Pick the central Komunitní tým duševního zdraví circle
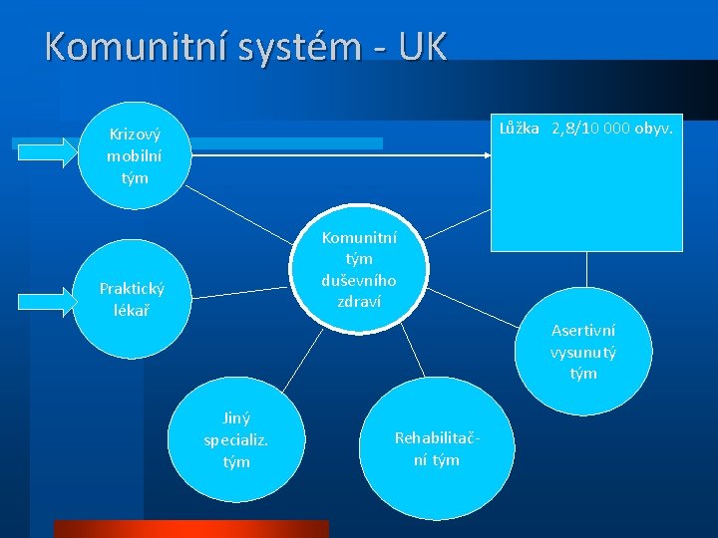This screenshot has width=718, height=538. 359,268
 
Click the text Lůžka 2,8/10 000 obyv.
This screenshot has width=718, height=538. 586,129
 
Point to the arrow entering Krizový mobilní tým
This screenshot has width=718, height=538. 46,151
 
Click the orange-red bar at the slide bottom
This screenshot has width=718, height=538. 189,528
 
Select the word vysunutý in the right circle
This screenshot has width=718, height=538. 583,352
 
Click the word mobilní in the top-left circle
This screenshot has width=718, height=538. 134,155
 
